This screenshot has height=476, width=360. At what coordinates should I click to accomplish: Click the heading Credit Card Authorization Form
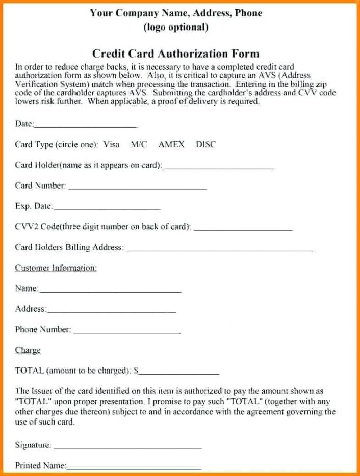coord(175,54)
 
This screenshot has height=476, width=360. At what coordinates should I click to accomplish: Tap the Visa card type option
coord(111,145)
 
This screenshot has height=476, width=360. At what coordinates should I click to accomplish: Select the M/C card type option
coord(139,145)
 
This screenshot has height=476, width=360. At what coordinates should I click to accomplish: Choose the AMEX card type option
coord(171,145)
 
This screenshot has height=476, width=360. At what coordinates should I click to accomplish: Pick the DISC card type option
coord(205,145)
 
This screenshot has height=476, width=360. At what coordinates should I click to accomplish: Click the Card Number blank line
coord(137,188)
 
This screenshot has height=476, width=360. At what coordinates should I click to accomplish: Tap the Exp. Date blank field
coord(107,209)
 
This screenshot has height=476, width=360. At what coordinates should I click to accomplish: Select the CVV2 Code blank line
coord(243,229)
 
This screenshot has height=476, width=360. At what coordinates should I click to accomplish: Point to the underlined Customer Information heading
coord(56,268)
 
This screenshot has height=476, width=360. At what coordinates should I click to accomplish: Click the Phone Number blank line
coord(127,332)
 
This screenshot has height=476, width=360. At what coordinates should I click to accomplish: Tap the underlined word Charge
coord(28,350)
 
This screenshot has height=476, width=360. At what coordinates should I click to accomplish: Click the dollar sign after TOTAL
coord(136,371)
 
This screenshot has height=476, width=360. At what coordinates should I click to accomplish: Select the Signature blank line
coord(127,448)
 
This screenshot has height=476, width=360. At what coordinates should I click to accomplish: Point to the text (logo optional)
coord(176,28)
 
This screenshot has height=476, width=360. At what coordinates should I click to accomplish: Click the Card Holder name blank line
coord(219,167)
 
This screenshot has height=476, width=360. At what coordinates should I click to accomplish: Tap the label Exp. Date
coord(34,206)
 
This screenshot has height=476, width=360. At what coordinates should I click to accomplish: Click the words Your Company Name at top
coord(135,13)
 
